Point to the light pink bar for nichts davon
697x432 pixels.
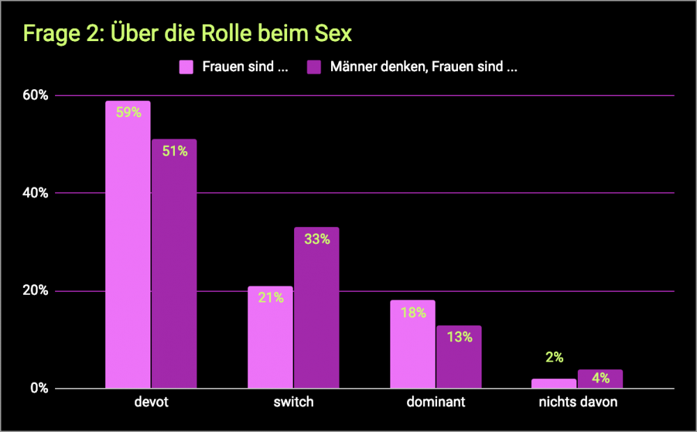(x=555, y=383)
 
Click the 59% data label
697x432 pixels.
(x=128, y=112)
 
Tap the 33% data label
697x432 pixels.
(x=316, y=239)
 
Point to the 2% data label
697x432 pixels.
(x=555, y=357)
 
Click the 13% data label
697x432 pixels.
(x=459, y=337)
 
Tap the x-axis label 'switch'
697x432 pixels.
(x=293, y=402)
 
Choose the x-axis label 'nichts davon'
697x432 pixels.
(x=578, y=402)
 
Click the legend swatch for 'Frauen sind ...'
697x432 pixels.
(x=186, y=67)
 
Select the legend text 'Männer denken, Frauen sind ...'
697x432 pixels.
(x=424, y=67)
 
